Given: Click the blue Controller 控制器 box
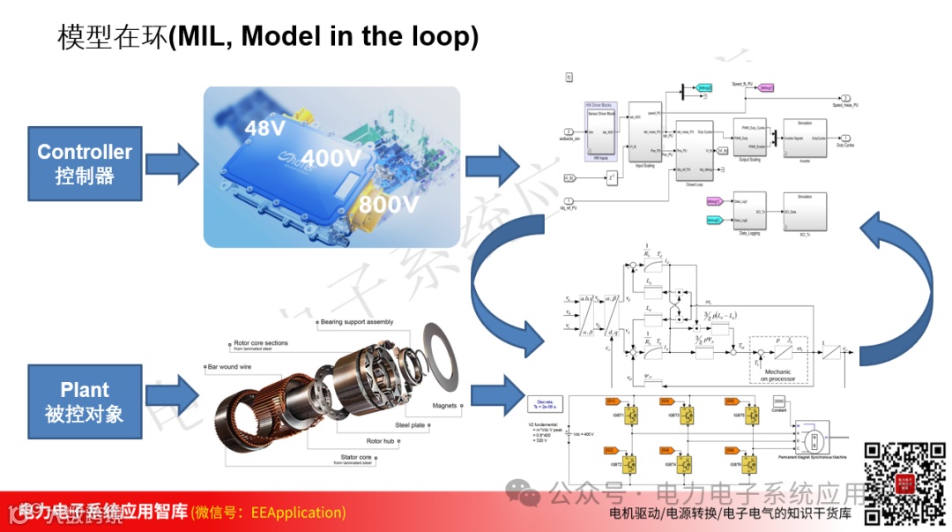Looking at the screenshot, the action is [x=85, y=163].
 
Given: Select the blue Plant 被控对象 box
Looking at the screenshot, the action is [x=85, y=401].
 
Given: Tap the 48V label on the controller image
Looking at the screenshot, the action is [x=266, y=130].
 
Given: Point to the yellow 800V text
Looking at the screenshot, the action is [x=387, y=204].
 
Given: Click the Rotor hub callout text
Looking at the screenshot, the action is [x=386, y=440].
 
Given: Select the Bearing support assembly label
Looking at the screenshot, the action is [x=357, y=322].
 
